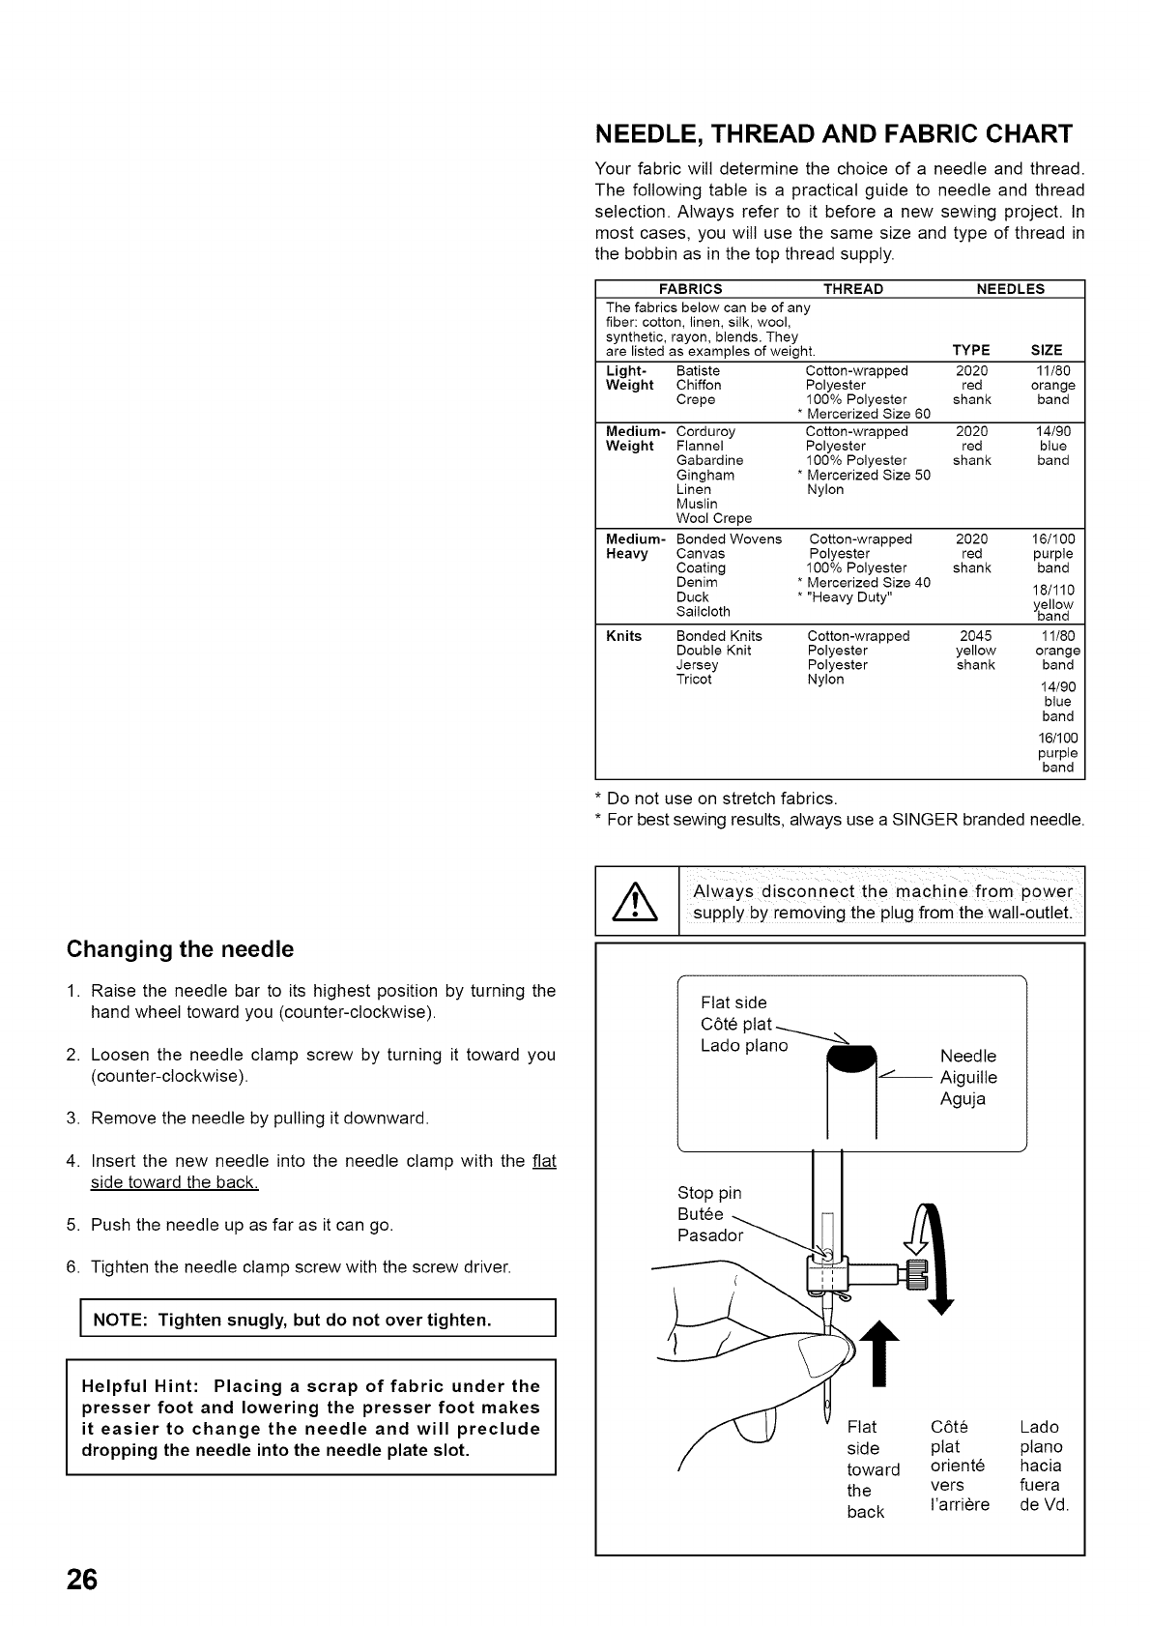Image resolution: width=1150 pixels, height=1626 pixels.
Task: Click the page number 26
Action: pyautogui.click(x=82, y=1579)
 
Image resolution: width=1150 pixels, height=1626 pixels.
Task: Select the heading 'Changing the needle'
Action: pyautogui.click(x=180, y=949)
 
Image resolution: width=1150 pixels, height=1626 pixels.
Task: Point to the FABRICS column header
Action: pyautogui.click(x=690, y=288)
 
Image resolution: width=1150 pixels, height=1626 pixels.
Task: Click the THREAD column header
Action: pyautogui.click(x=852, y=288)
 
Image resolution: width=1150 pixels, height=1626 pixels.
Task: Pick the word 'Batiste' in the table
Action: pyautogui.click(x=698, y=370)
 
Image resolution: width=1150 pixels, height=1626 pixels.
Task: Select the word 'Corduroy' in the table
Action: pyautogui.click(x=705, y=431)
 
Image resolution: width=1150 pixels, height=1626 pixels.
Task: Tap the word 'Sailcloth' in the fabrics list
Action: pyautogui.click(x=704, y=611)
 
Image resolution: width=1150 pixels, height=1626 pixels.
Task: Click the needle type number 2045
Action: pyautogui.click(x=975, y=636)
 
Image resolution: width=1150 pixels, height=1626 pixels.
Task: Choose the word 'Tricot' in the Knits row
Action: pyautogui.click(x=693, y=679)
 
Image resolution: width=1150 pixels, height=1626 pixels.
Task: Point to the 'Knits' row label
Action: pyautogui.click(x=623, y=636)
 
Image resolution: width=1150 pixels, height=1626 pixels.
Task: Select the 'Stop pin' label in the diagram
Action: pyautogui.click(x=709, y=1193)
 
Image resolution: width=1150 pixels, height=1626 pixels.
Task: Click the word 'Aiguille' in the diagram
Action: pyautogui.click(x=968, y=1077)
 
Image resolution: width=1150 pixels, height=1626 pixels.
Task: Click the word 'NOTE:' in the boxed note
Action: pyautogui.click(x=120, y=1320)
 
